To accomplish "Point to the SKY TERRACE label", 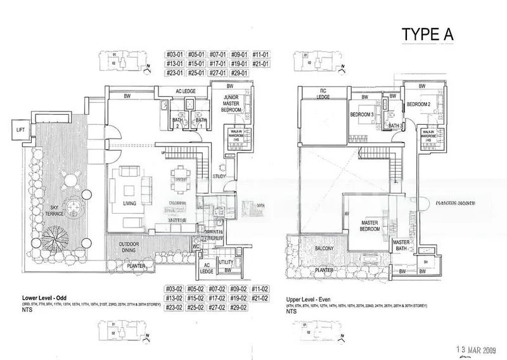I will (47, 212).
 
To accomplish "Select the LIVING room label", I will (131, 204).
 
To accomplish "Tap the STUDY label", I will (220, 176).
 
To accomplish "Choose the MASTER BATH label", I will (401, 245).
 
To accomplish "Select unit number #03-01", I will (174, 55).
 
